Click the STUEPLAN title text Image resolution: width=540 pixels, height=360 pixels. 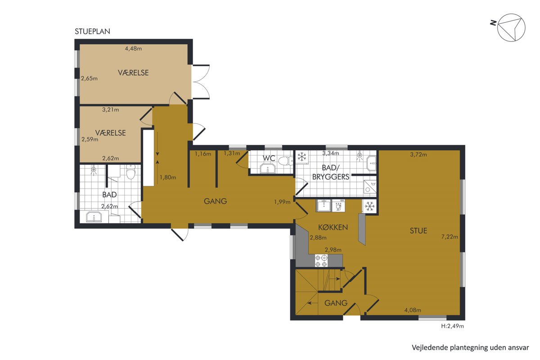tap(92, 31)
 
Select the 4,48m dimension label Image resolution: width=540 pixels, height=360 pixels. tap(133, 49)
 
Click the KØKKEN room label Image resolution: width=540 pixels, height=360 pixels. tap(333, 227)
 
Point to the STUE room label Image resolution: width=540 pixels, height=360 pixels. tap(418, 231)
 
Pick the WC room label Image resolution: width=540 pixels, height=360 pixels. tap(269, 158)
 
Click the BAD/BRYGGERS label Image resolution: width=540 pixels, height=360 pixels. tap(331, 172)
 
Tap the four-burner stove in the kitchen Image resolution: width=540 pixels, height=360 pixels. tap(322, 261)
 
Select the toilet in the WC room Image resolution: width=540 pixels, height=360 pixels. tap(285, 161)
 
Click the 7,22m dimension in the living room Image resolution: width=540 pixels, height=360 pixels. tap(450, 237)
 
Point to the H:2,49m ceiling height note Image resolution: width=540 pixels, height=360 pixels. tap(453, 326)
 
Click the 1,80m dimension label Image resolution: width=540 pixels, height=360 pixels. tap(168, 177)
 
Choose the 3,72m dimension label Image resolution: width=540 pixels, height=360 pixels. tap(418, 154)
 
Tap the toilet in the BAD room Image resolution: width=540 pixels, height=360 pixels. tap(130, 172)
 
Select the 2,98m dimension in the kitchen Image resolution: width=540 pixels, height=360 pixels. tap(333, 250)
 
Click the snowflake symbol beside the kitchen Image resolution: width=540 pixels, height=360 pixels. tap(369, 207)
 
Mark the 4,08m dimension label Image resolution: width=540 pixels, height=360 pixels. tap(413, 310)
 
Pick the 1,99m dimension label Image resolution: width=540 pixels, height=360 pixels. tap(282, 202)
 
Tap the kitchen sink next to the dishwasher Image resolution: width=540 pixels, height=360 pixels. tap(323, 206)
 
